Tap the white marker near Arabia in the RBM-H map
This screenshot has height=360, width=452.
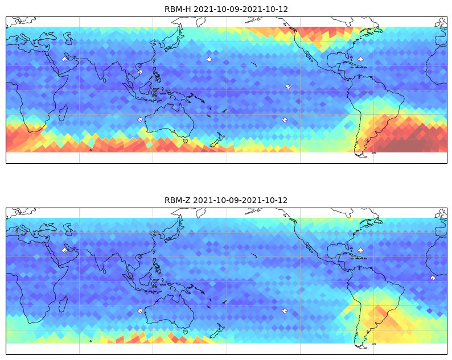click(64, 59)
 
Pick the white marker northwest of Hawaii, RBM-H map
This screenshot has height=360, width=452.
click(209, 59)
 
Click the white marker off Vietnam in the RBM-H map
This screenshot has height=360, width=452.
click(140, 72)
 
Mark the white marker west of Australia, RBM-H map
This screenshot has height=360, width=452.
click(140, 120)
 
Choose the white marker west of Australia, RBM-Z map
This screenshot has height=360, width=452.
click(140, 311)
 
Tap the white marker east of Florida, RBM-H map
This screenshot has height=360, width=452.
click(360, 59)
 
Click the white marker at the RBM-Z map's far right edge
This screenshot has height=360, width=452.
click(433, 278)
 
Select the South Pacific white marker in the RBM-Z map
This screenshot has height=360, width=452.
click(285, 311)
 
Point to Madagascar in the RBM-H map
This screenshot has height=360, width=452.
click(63, 113)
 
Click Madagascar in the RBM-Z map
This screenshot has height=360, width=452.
click(63, 304)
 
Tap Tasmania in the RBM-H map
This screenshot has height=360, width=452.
click(186, 141)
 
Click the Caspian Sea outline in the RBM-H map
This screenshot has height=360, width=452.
click(68, 38)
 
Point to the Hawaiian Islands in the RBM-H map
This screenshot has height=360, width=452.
click(254, 64)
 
